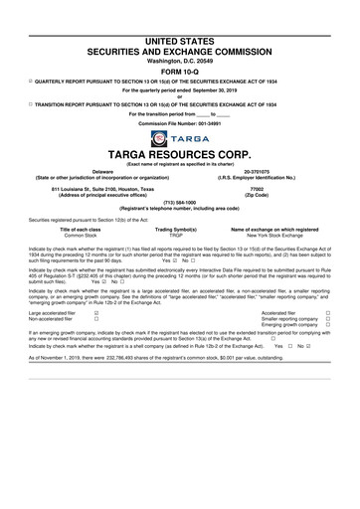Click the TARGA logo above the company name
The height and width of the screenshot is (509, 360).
tap(180, 138)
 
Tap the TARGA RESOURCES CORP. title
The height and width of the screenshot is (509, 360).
tap(180, 155)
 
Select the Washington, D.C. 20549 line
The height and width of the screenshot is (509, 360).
tap(180, 61)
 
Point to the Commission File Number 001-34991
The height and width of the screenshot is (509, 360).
tap(180, 122)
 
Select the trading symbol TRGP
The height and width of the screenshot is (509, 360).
tap(180, 233)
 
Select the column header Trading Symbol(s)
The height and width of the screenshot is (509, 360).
tap(180, 227)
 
